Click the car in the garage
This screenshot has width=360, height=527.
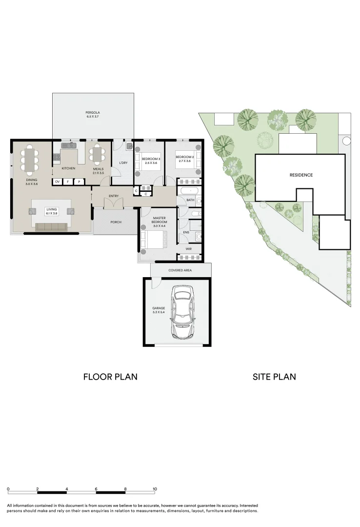click(x=182, y=312)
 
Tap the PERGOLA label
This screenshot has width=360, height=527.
click(x=92, y=113)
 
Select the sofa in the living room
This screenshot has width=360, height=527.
click(x=51, y=227)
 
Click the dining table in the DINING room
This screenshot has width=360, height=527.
click(x=30, y=160)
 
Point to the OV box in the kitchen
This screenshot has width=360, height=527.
click(x=58, y=182)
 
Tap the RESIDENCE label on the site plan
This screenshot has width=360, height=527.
click(x=301, y=175)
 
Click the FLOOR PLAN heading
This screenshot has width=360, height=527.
click(x=110, y=377)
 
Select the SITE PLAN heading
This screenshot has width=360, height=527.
click(x=274, y=377)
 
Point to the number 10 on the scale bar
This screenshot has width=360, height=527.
click(x=155, y=489)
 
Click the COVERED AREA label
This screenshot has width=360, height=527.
click(x=180, y=270)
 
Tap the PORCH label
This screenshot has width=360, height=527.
click(x=116, y=222)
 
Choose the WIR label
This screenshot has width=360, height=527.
click(x=189, y=249)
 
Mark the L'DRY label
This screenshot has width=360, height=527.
click(x=123, y=163)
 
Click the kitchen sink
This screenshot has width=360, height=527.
click(x=69, y=145)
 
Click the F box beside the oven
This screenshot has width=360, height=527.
click(x=68, y=182)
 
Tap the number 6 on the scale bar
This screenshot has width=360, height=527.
click(x=96, y=489)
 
